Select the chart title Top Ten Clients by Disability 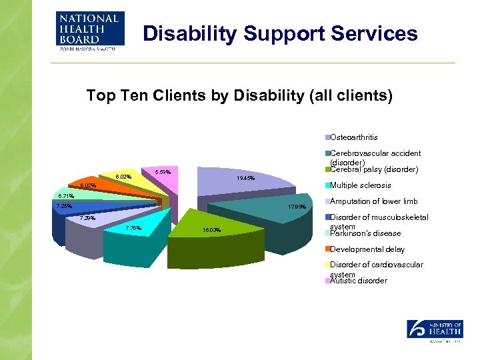pos(239,96)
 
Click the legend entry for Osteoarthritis pos(353,137)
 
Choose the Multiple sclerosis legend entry pos(360,185)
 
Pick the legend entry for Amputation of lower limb pos(373,201)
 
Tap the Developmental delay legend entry pos(367,249)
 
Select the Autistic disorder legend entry pos(358,281)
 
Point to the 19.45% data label pos(246,179)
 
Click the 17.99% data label pos(297,207)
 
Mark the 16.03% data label pos(211,230)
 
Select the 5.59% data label pos(163,173)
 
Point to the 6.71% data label pos(65,196)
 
